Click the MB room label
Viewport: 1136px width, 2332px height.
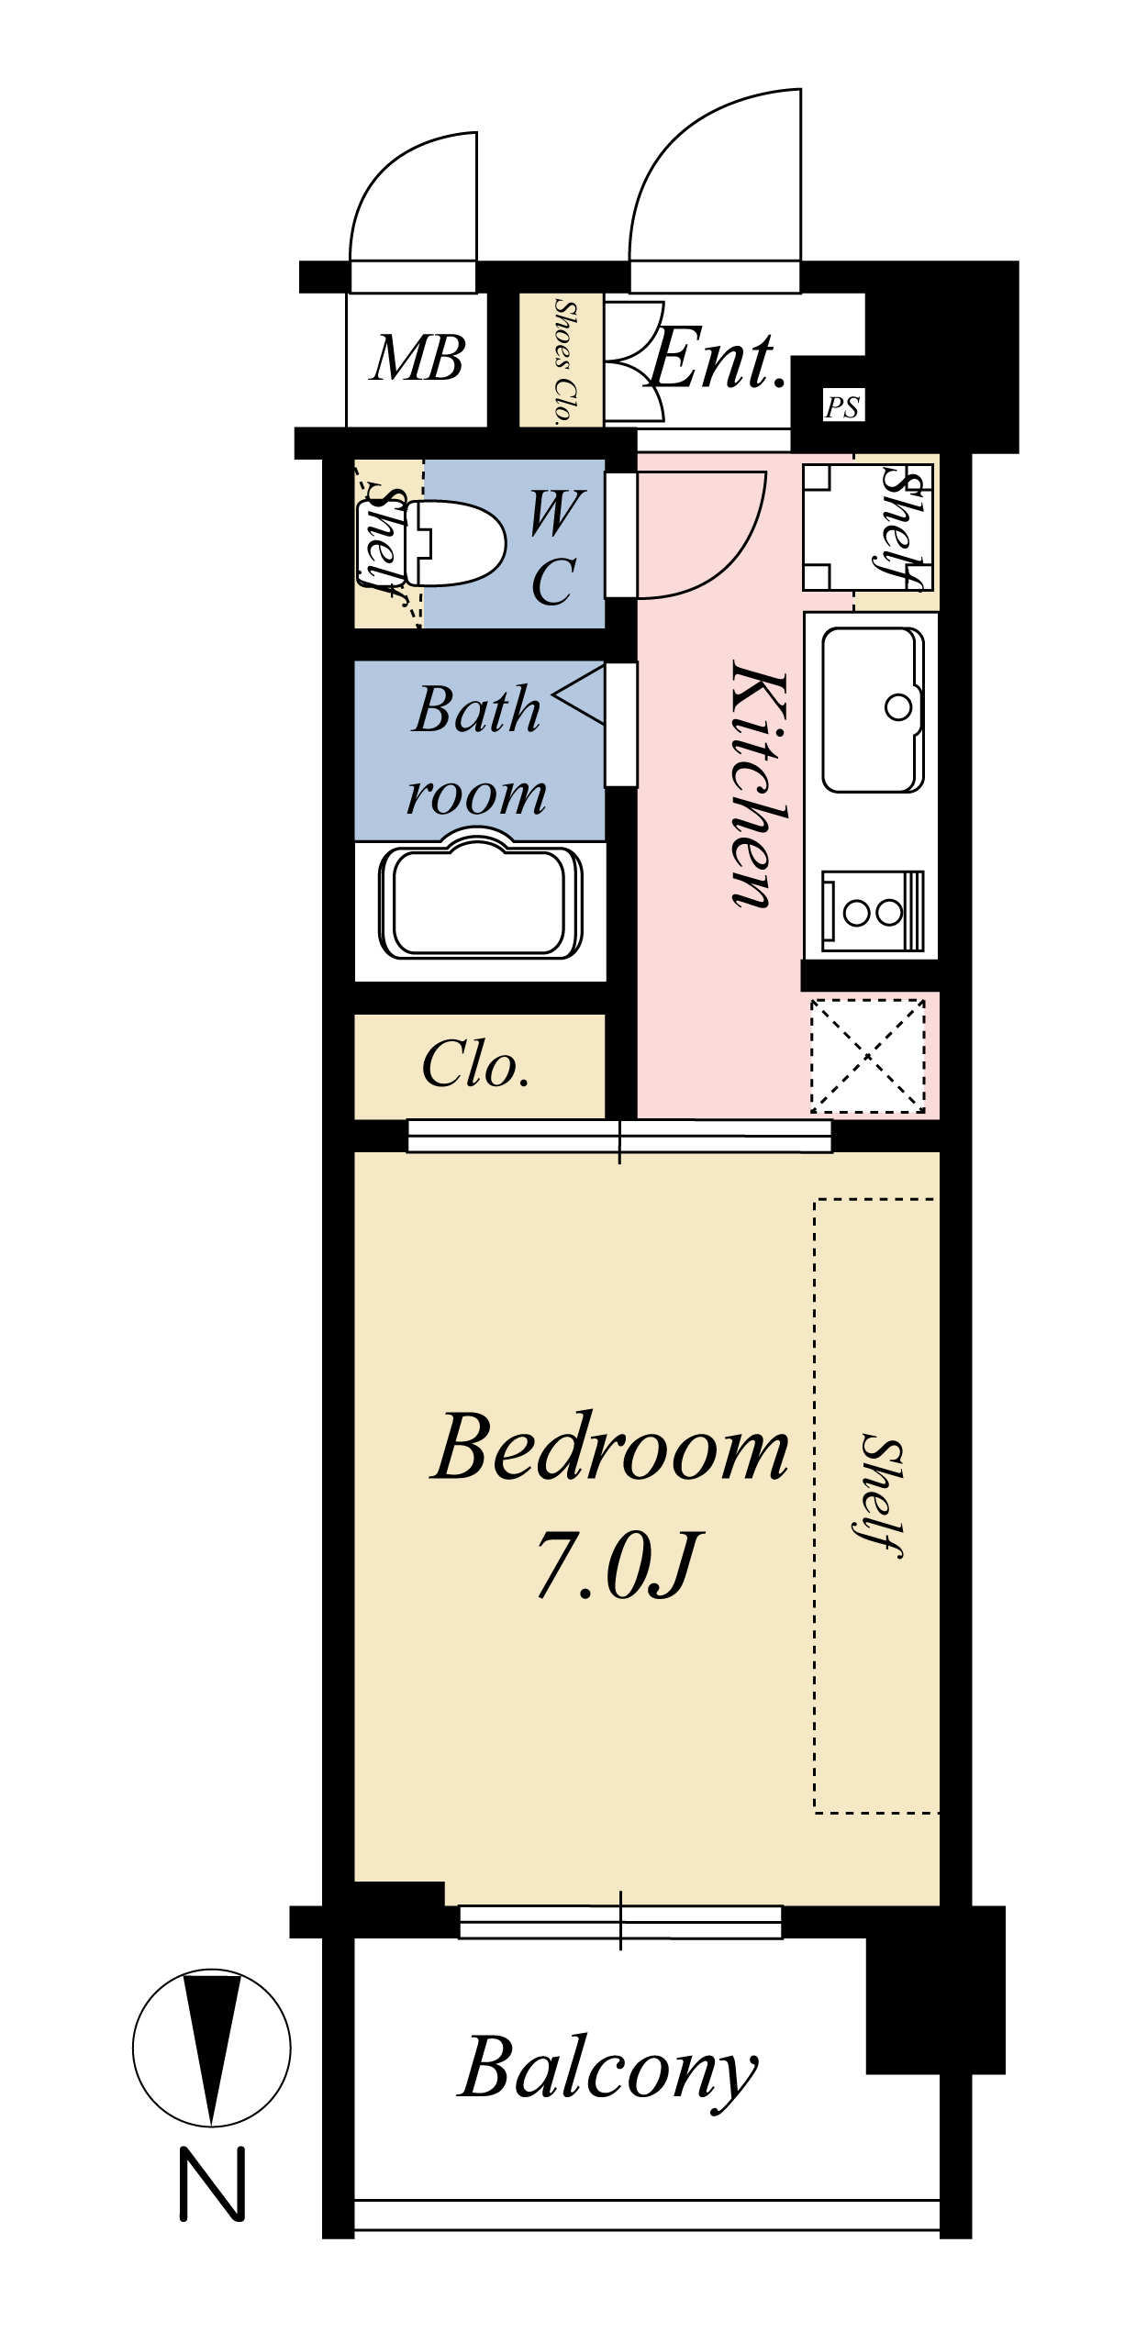coord(418,358)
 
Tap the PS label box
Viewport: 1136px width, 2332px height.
coord(842,405)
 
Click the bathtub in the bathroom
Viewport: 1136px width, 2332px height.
coord(481,898)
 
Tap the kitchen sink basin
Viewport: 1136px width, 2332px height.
coord(873,709)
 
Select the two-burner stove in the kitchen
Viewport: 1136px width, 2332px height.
coord(872,911)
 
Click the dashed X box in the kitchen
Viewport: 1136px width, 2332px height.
coord(868,1056)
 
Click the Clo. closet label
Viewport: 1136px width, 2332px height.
coord(476,1064)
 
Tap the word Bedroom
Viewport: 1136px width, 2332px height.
coord(610,1448)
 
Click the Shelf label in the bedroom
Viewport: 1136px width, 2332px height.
coord(882,1494)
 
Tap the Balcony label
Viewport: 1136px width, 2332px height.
coord(608,2069)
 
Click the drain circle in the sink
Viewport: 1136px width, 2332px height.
coord(898,707)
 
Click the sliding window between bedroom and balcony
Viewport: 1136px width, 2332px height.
coord(620,1921)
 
